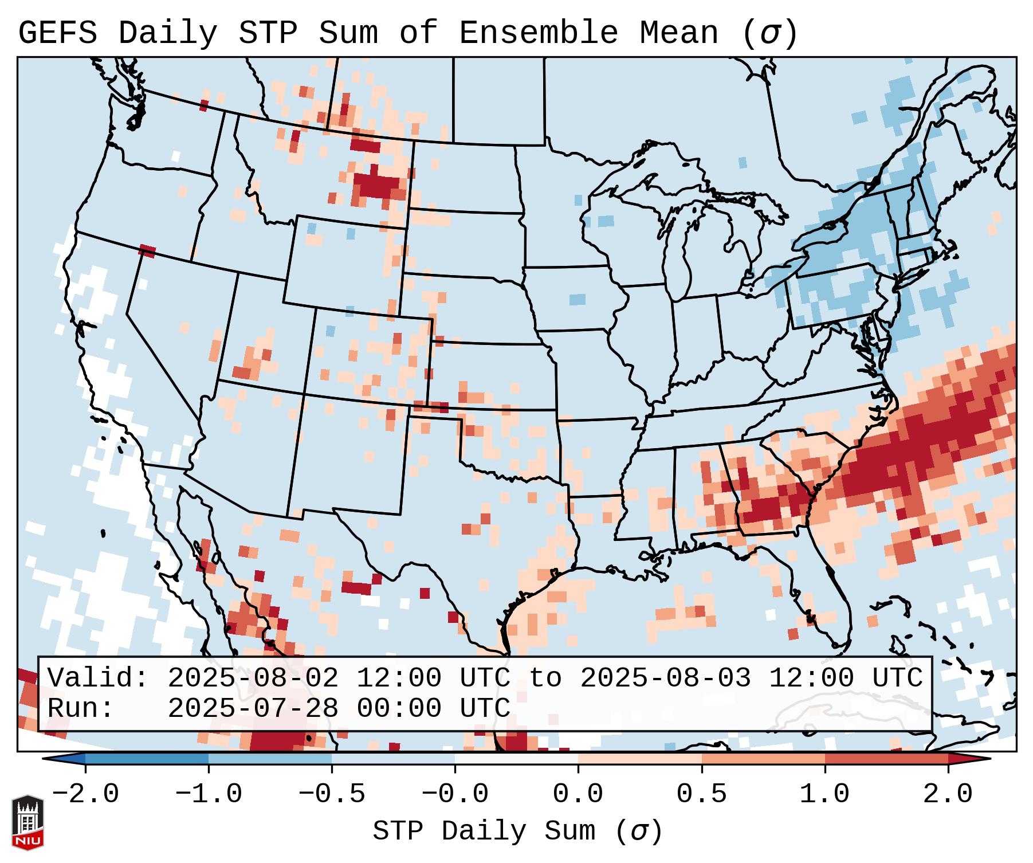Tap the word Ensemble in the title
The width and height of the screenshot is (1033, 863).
538,33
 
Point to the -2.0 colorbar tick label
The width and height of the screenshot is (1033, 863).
85,794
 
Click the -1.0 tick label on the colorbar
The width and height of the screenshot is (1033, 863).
209,794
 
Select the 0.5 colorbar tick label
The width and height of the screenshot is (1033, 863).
701,794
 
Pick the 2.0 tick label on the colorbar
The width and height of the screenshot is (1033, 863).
948,794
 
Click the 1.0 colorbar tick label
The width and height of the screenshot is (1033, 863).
824,794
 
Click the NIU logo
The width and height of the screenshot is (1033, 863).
28,822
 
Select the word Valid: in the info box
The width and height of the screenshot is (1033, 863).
98,678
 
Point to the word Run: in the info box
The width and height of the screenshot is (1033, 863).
81,708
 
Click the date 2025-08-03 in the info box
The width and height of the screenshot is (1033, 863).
665,678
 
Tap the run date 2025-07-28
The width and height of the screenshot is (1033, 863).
253,708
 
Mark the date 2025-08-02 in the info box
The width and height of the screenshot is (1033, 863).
253,678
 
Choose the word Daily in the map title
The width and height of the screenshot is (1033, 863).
168,33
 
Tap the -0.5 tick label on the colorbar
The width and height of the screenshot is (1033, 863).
332,794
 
